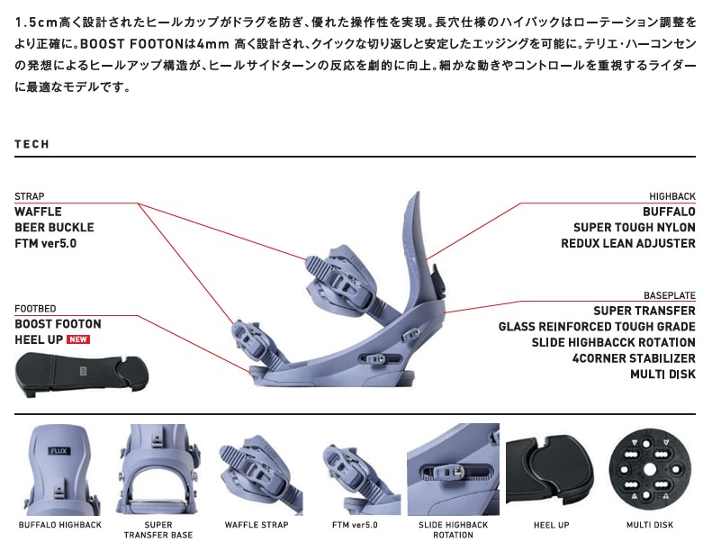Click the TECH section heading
coord(32,144)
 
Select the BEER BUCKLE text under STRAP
coord(54,228)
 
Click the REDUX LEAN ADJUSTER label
coord(627,243)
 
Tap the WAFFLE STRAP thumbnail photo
coord(257,469)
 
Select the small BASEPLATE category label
coord(669,295)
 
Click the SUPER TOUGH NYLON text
coord(634,228)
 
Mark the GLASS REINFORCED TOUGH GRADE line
coord(597,327)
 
